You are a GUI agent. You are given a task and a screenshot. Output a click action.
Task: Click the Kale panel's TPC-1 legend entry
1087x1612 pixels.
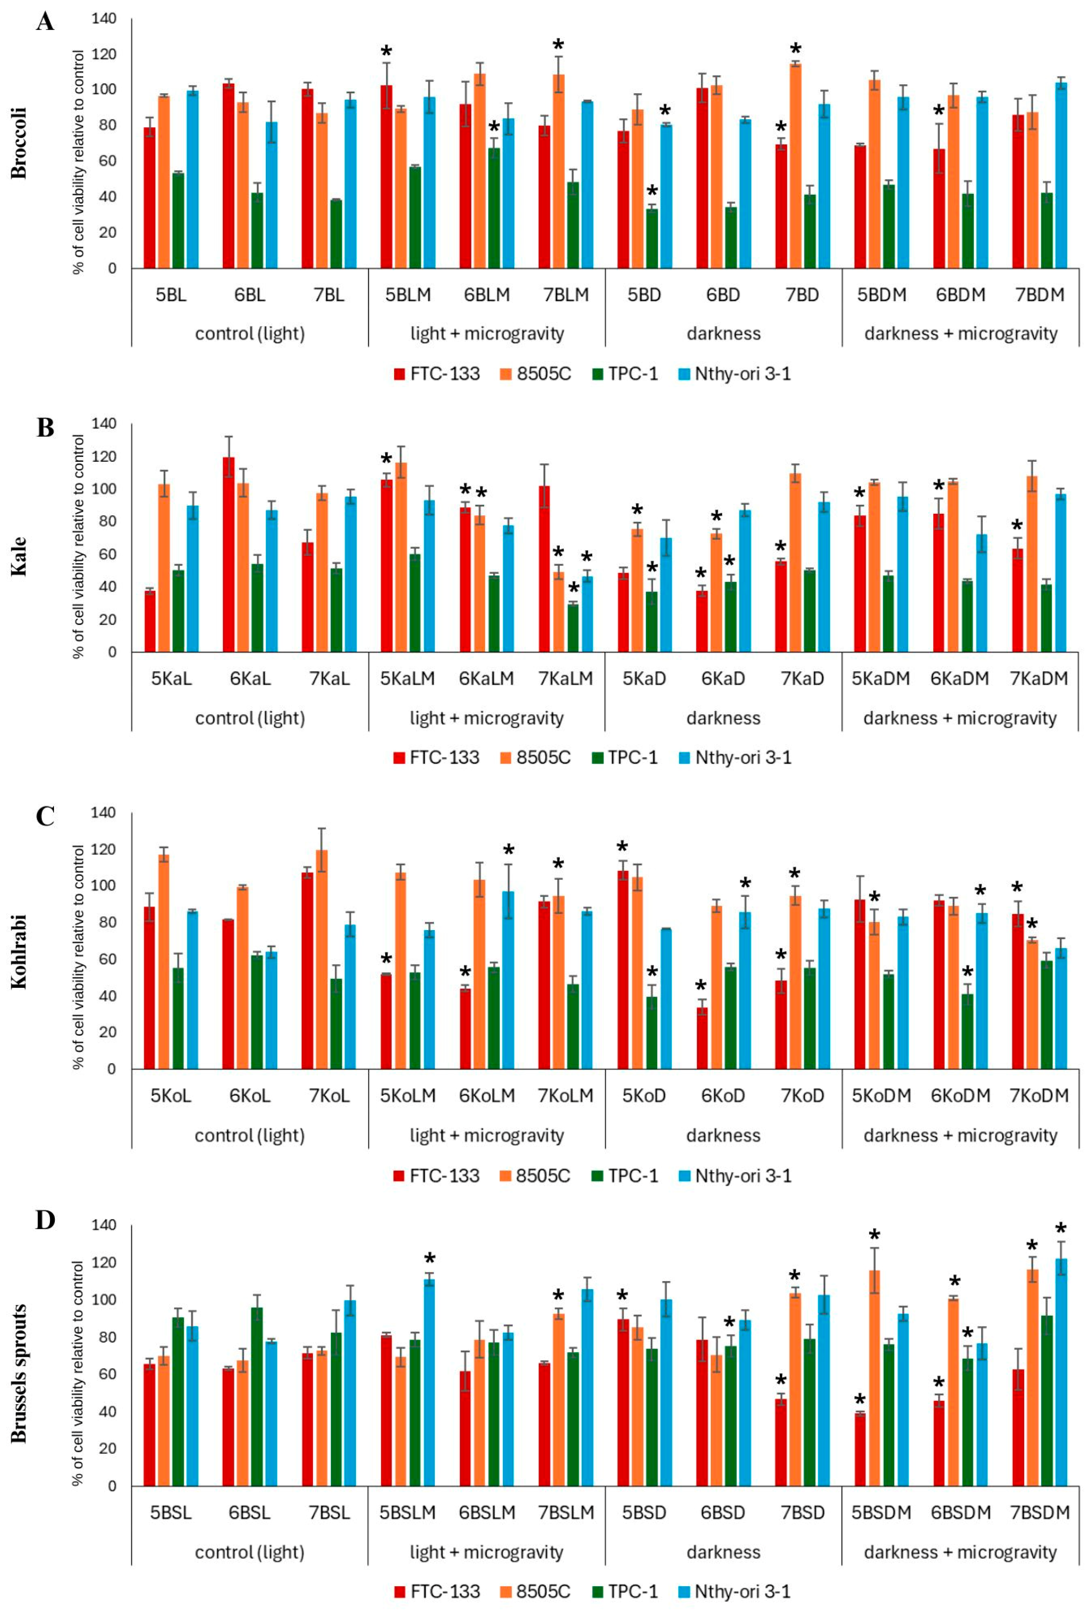click(624, 757)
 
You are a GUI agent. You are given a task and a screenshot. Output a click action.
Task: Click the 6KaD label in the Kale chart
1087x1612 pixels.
click(723, 679)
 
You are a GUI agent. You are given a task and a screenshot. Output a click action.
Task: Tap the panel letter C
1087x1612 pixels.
click(45, 816)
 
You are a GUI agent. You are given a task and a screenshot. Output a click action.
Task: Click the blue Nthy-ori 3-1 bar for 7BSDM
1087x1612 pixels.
click(1061, 1372)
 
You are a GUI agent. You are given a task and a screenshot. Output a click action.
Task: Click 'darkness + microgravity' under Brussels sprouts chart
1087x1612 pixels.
click(960, 1552)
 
